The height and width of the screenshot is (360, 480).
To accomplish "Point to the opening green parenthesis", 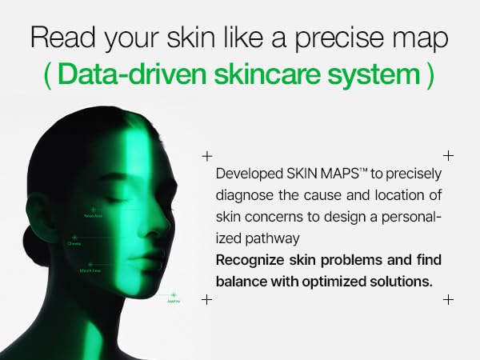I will (x=50, y=74).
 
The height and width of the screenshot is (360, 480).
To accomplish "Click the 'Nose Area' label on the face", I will (x=93, y=215).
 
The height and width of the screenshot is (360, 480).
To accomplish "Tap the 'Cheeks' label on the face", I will (x=74, y=244).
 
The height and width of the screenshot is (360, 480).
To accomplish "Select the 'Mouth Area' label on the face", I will (x=90, y=271).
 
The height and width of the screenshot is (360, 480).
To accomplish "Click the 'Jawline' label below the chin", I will (x=174, y=302).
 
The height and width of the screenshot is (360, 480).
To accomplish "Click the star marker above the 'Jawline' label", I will (x=174, y=294).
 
